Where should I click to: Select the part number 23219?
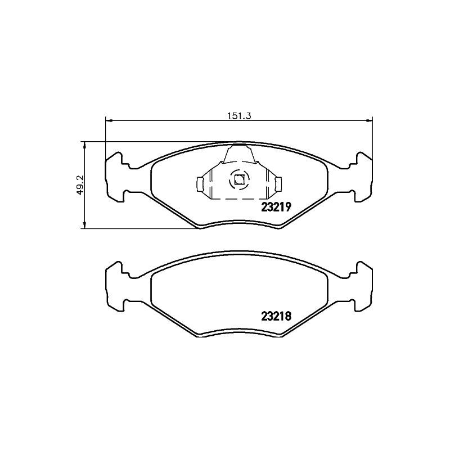click(x=276, y=206)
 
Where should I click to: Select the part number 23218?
click(x=276, y=316)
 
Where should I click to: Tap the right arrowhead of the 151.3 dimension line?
click(x=370, y=119)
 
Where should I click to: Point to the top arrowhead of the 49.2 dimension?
click(x=84, y=144)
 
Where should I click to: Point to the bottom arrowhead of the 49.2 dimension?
click(x=84, y=226)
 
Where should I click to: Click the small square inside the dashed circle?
click(x=238, y=180)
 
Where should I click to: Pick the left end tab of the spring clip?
click(x=199, y=183)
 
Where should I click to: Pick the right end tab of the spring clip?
click(x=278, y=183)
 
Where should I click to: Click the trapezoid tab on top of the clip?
click(x=238, y=153)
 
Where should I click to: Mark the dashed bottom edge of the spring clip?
click(x=238, y=199)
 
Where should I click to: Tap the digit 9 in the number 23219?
click(x=287, y=206)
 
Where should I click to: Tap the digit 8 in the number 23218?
click(x=287, y=316)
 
